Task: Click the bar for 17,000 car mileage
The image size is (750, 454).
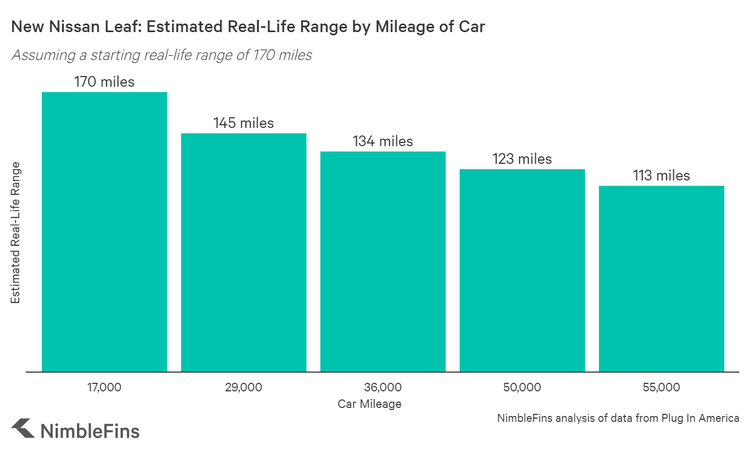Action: [104, 232]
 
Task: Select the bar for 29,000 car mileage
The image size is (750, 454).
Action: [244, 252]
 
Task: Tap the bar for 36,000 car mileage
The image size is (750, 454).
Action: [383, 261]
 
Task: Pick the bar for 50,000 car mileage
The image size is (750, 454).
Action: [522, 270]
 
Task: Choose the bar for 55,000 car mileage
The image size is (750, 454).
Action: [662, 278]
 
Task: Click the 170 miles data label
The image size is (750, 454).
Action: [104, 82]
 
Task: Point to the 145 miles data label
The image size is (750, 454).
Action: [244, 123]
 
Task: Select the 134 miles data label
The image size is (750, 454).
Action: [383, 141]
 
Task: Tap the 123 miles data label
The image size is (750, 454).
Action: [522, 159]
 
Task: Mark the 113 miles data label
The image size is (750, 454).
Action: [662, 176]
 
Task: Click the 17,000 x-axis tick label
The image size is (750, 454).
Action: [104, 387]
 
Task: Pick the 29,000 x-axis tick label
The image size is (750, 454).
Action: [244, 387]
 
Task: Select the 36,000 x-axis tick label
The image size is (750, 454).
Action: [383, 387]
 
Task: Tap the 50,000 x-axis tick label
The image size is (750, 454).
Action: [522, 387]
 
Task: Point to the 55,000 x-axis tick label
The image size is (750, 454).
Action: [662, 387]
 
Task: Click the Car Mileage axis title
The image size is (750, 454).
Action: [370, 404]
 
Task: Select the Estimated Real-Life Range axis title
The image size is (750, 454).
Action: [16, 232]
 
